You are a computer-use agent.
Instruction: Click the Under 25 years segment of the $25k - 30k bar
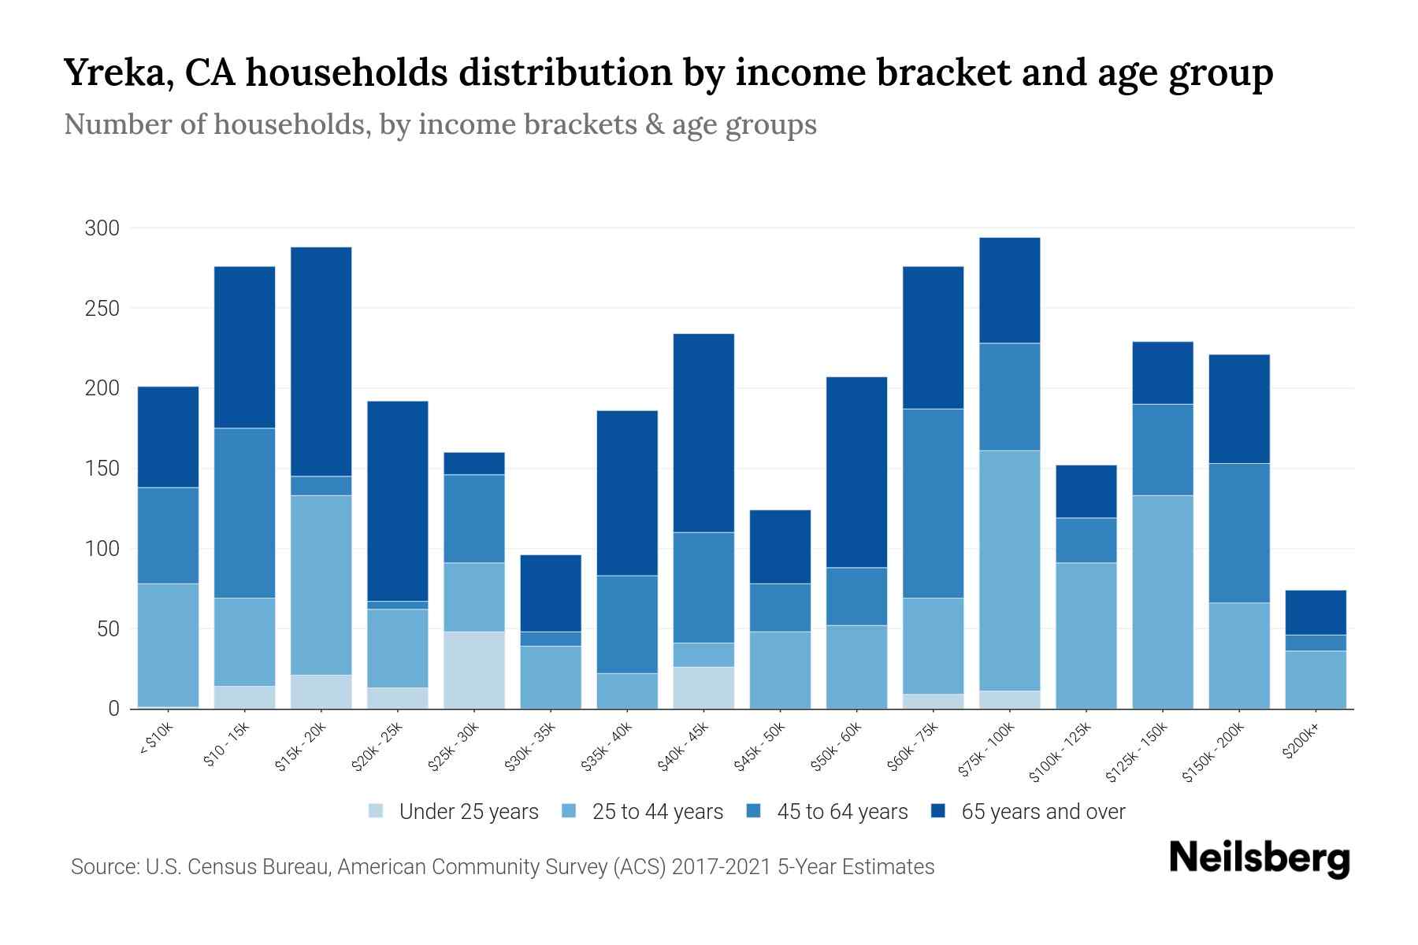click(474, 670)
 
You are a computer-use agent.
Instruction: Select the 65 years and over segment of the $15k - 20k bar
click(321, 361)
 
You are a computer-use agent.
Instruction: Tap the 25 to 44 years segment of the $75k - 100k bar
click(1010, 570)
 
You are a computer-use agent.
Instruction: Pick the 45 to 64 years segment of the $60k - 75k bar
click(934, 503)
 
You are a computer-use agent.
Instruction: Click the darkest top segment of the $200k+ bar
click(1316, 613)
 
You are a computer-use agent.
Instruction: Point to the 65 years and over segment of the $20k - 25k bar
click(398, 501)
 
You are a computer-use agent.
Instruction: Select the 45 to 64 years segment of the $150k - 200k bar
click(1239, 533)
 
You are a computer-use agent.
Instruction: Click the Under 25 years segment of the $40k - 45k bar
click(703, 687)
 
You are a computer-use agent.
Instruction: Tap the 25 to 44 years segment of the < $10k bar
click(169, 645)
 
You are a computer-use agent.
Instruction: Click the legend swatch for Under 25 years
click(377, 811)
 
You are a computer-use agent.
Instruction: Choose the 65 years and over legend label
click(1042, 812)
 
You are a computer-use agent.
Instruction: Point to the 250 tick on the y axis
click(102, 309)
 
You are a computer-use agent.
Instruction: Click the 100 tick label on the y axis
click(102, 549)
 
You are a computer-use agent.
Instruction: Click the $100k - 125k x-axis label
click(1060, 753)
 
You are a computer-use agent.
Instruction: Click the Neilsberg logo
click(1259, 858)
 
